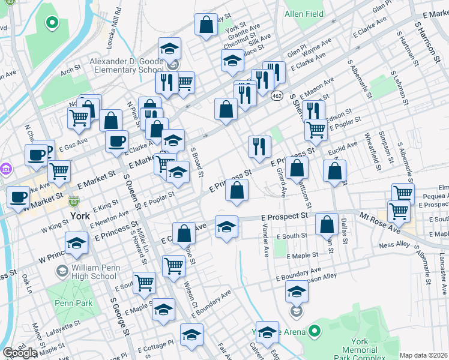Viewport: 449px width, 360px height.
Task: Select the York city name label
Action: point(79,215)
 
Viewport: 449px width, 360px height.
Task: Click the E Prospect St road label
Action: point(284,216)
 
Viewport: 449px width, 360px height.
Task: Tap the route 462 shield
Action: point(277,95)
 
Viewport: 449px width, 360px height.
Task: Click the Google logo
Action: point(20,353)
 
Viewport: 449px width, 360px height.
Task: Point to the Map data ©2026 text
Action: point(424,355)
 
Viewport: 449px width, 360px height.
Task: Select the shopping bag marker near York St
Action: point(206,25)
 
